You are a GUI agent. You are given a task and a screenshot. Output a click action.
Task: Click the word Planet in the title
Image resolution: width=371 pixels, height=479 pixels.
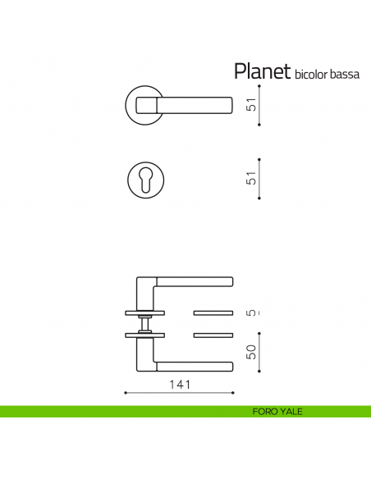[x=262, y=72]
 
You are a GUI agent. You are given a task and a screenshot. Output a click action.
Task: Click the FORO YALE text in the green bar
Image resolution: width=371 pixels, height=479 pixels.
[x=278, y=412]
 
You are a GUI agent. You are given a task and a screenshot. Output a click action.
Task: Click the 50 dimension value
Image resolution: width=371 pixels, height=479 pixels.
[x=252, y=352]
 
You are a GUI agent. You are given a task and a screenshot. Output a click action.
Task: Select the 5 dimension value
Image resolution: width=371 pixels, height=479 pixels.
[x=252, y=312]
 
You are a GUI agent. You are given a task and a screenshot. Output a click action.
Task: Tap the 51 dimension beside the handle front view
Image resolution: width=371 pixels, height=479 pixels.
[x=252, y=105]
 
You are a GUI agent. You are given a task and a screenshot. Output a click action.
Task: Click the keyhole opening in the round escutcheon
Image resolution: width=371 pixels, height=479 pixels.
[x=147, y=180]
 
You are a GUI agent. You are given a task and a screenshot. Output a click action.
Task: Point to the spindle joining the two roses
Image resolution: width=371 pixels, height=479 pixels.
[x=144, y=324]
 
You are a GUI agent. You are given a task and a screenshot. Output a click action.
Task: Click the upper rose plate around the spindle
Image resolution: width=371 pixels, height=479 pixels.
[x=144, y=312]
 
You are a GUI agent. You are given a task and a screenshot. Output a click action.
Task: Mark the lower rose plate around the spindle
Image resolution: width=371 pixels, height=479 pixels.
[x=144, y=335]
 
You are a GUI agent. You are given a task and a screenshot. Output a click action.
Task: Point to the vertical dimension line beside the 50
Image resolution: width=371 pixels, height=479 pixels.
[x=259, y=352]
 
